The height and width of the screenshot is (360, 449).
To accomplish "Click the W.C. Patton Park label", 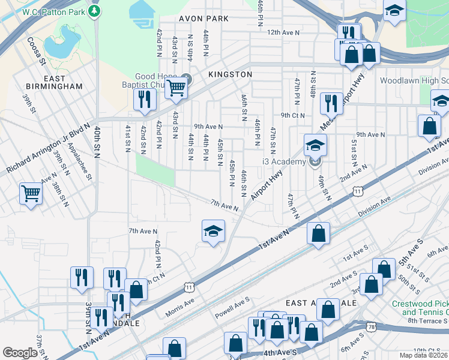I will pyautogui.click(x=53, y=12).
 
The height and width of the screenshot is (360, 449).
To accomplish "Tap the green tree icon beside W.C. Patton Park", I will pyautogui.click(x=95, y=11).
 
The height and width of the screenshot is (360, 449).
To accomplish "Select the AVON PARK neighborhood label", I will pyautogui.click(x=203, y=19).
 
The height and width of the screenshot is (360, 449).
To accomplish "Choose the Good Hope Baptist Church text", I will pyautogui.click(x=158, y=80).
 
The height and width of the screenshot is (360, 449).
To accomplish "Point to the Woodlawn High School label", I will pyautogui.click(x=414, y=80).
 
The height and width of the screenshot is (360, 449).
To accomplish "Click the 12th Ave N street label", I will pyautogui.click(x=283, y=32).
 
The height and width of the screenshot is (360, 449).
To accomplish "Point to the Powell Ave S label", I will pyautogui.click(x=232, y=307).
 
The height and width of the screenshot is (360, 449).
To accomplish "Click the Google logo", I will pyautogui.click(x=20, y=353).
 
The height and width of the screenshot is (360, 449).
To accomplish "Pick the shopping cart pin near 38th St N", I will pyautogui.click(x=31, y=194).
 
